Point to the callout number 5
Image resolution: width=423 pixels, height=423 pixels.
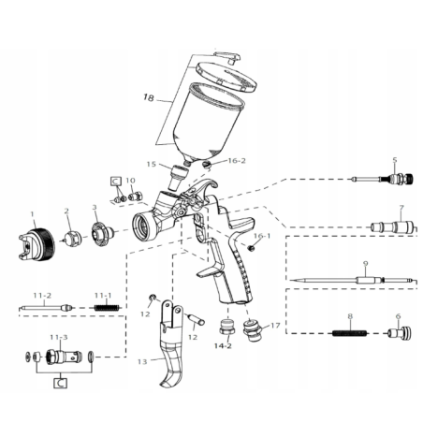395,160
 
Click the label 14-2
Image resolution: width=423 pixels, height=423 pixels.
223,346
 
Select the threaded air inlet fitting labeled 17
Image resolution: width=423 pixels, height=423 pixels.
250,330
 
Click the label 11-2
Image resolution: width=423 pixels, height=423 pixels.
42,295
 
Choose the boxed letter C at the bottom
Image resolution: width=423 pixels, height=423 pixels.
59,383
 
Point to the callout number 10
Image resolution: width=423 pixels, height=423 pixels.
130,181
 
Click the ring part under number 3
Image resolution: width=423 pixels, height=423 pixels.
101,232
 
